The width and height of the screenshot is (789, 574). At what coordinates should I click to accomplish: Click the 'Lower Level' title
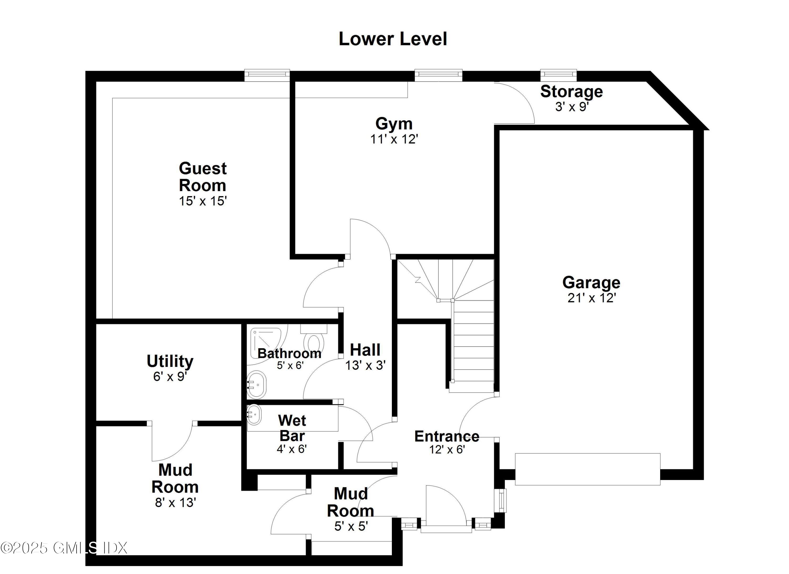[x=392, y=39]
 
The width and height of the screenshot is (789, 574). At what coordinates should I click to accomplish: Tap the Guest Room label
[x=203, y=177]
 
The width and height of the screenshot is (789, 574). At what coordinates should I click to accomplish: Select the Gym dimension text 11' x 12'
[x=394, y=139]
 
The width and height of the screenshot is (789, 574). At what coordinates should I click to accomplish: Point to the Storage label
[x=571, y=92]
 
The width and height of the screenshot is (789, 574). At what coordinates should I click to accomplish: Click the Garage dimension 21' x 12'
[x=591, y=298]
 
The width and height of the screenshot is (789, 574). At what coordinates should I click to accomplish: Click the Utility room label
[x=170, y=361]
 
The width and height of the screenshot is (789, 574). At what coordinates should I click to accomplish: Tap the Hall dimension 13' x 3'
[x=365, y=365]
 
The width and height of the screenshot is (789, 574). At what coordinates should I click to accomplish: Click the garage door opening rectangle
[x=587, y=469]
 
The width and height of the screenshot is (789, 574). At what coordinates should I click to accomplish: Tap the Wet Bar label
[x=292, y=428]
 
